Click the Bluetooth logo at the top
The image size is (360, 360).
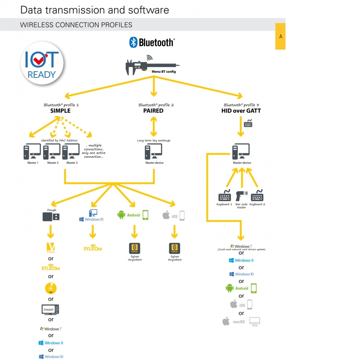152,42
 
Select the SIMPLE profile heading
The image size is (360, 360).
60,111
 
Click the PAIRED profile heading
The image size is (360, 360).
153,111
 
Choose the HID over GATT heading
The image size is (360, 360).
241,111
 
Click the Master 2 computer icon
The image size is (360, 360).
51,152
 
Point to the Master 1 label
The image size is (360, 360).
33,163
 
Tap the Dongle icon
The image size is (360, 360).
51,216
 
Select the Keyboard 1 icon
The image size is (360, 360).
225,196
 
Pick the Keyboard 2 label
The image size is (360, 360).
257,204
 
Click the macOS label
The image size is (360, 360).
239,321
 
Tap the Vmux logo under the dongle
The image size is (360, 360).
51,248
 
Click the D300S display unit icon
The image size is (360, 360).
50,310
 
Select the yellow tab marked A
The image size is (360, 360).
280,36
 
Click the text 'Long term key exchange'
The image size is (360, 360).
154,140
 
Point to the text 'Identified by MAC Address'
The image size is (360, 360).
59,140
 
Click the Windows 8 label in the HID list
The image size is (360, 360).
244,260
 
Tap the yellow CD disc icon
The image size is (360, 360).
51,288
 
